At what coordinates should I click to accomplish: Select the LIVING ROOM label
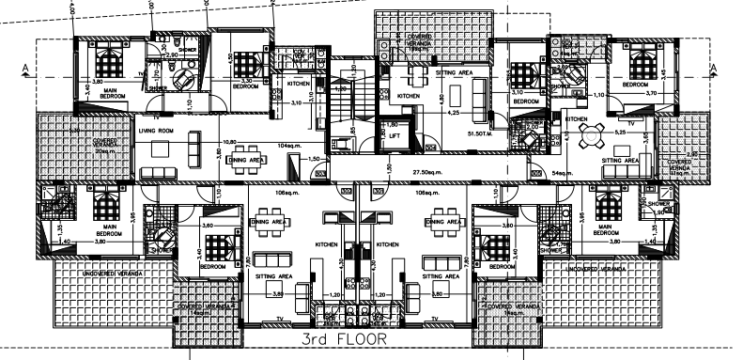click(x=157, y=130)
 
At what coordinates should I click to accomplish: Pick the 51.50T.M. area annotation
click(x=479, y=135)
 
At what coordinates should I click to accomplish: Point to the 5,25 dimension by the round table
click(x=619, y=133)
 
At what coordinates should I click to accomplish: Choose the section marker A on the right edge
click(x=715, y=65)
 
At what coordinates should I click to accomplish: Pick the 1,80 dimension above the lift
click(x=394, y=123)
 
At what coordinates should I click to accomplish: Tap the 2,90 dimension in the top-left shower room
click(x=172, y=55)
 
